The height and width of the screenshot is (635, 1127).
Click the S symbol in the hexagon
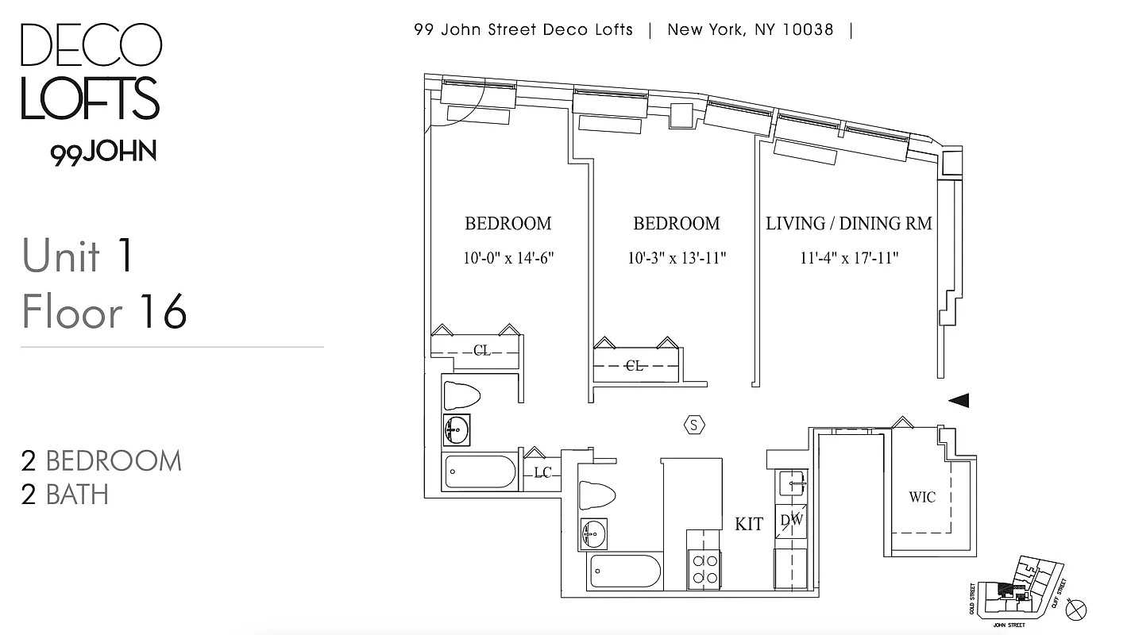[694, 425]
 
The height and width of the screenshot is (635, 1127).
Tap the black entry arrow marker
[958, 401]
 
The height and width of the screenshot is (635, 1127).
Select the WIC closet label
[921, 498]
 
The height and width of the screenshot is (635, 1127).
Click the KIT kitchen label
[749, 524]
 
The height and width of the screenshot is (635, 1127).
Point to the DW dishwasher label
[792, 521]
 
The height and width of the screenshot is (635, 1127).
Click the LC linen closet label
[542, 473]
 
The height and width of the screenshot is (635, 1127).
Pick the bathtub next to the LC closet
[481, 472]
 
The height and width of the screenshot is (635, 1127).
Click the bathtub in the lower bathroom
[625, 571]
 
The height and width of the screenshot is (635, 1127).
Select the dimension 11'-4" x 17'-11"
[848, 258]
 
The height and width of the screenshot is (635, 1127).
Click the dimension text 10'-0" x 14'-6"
[508, 258]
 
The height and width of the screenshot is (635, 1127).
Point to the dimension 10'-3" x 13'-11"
[676, 258]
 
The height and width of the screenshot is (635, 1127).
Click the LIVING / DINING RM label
[848, 224]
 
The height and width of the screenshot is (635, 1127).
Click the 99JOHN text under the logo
[103, 152]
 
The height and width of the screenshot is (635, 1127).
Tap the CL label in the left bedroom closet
[481, 350]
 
